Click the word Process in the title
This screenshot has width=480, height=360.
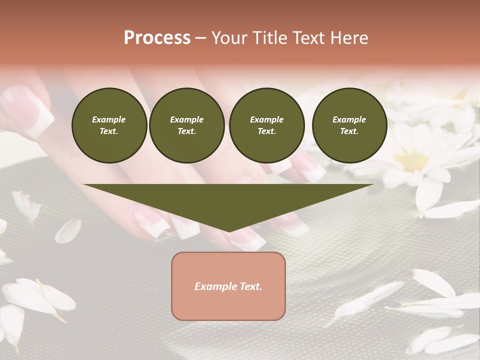[157, 38]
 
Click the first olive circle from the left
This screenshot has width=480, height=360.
[109, 125]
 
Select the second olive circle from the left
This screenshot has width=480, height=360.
[186, 125]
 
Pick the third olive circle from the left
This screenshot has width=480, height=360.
[266, 125]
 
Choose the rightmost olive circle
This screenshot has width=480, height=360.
[349, 125]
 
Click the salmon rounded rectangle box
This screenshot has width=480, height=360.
[228, 286]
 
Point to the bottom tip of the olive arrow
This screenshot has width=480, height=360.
[229, 231]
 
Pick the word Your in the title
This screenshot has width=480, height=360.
[228, 38]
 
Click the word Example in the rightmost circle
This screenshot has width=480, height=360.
[349, 119]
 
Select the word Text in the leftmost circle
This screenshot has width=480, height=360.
[108, 131]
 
